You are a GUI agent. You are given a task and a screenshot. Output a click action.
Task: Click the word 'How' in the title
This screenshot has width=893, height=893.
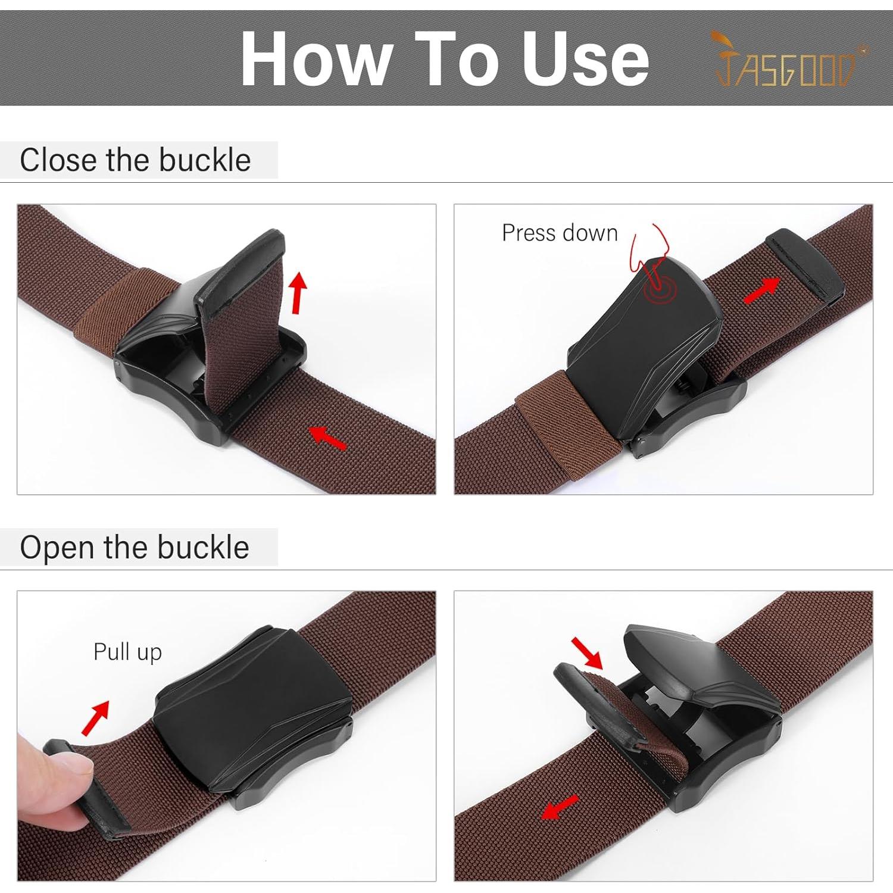(x=316, y=59)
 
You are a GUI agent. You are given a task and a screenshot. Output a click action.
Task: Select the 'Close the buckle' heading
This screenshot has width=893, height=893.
(x=135, y=160)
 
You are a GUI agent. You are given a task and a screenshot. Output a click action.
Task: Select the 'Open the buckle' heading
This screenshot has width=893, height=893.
(x=135, y=547)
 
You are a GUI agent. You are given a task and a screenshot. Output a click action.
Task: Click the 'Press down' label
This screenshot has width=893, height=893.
(x=560, y=233)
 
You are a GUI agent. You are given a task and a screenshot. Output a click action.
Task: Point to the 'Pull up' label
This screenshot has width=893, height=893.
(x=127, y=652)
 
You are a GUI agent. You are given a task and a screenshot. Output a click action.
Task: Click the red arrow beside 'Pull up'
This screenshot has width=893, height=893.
(x=95, y=717)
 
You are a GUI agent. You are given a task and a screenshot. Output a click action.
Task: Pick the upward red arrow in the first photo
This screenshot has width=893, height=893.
(x=298, y=292)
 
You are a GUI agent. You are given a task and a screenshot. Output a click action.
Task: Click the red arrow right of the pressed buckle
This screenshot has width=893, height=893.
(x=761, y=290)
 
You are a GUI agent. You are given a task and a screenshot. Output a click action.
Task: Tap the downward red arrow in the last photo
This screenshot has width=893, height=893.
(x=586, y=652)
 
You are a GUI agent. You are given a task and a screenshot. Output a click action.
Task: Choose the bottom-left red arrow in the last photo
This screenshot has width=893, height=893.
(x=560, y=807)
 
